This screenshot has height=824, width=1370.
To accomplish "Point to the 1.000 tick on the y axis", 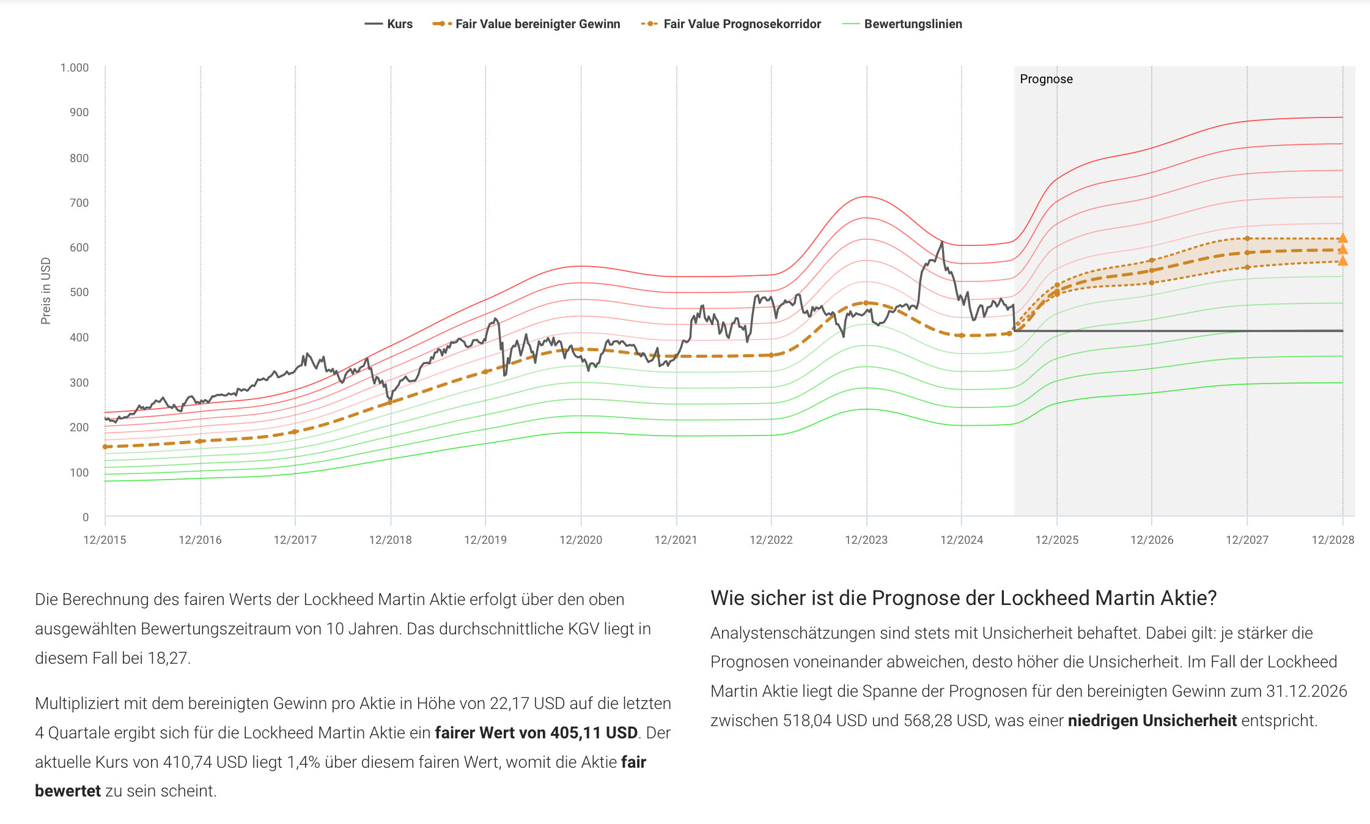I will pos(74,68).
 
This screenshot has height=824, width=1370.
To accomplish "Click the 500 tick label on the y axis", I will pos(79,292).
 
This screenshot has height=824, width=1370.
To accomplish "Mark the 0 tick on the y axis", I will pos(86,518).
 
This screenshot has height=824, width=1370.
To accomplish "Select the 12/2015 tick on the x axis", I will pos(105,540).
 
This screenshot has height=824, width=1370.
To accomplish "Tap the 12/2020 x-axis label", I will pos(581,540).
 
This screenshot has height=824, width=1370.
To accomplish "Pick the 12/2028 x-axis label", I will pos(1333,540).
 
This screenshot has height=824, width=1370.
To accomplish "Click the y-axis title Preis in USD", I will pos(46,291).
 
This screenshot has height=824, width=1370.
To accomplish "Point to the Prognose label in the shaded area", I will pos(1046,80).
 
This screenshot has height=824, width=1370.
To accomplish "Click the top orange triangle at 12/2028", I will pos(1342,239).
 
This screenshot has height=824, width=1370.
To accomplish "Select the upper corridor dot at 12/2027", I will pos(1247,239).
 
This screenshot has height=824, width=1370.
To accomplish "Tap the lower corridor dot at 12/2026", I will pos(1152,283).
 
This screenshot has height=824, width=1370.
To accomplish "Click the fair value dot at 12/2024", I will pos(962,335).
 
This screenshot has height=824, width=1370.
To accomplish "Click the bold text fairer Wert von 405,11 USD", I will pos(536,733).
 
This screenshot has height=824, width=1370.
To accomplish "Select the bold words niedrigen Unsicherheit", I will pos(1152,721).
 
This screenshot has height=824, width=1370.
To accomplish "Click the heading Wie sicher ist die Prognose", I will pos(963,598).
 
